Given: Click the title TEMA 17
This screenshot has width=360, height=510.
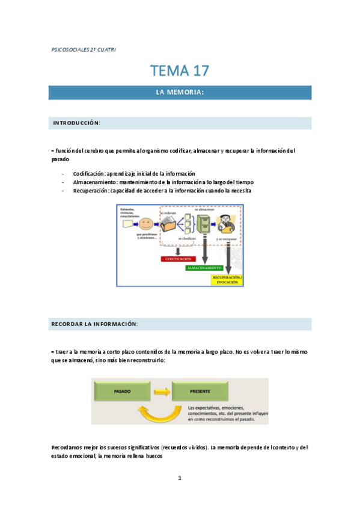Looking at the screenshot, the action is tap(180, 70).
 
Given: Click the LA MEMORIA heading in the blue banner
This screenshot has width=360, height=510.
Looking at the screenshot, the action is tap(180, 92).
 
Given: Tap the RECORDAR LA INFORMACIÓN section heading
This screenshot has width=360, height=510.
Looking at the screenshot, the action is tap(95, 324).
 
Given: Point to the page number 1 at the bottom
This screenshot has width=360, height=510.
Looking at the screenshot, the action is tap(180, 478).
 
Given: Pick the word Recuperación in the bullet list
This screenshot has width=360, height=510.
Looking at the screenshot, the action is tap(92, 191).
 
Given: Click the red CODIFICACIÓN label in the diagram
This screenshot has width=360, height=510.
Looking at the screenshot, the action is tap(178, 259).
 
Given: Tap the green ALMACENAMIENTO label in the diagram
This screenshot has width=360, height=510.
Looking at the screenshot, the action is tap(203, 268).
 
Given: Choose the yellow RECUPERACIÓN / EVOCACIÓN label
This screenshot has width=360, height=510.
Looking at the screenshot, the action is tap(227, 278).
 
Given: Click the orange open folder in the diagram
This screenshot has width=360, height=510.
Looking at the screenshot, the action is tap(169, 226).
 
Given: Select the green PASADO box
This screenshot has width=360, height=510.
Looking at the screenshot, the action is tap(122, 392).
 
